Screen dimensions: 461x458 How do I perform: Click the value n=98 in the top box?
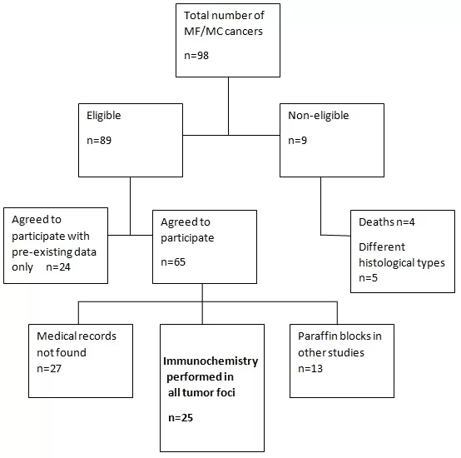tap(196, 55)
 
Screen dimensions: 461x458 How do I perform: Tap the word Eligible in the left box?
tap(103, 115)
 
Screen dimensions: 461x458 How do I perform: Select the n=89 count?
tap(99, 140)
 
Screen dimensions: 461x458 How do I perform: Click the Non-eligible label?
tap(319, 115)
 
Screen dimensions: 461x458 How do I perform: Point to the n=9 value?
tap(297, 140)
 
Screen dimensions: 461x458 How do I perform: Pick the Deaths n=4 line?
tap(387, 222)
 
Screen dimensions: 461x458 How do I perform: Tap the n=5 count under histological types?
tap(368, 277)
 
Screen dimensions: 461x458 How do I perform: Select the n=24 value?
tap(58, 267)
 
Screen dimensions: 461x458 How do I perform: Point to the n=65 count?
tap(173, 261)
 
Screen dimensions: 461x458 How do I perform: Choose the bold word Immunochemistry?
tap(211, 361)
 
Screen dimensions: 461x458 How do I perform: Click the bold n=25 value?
tap(181, 418)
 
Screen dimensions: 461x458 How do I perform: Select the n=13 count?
tap(310, 369)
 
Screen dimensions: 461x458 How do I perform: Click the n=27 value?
tap(49, 369)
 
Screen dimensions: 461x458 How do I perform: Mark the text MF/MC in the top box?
tap(203, 32)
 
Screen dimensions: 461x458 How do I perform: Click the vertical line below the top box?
tap(229, 107)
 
